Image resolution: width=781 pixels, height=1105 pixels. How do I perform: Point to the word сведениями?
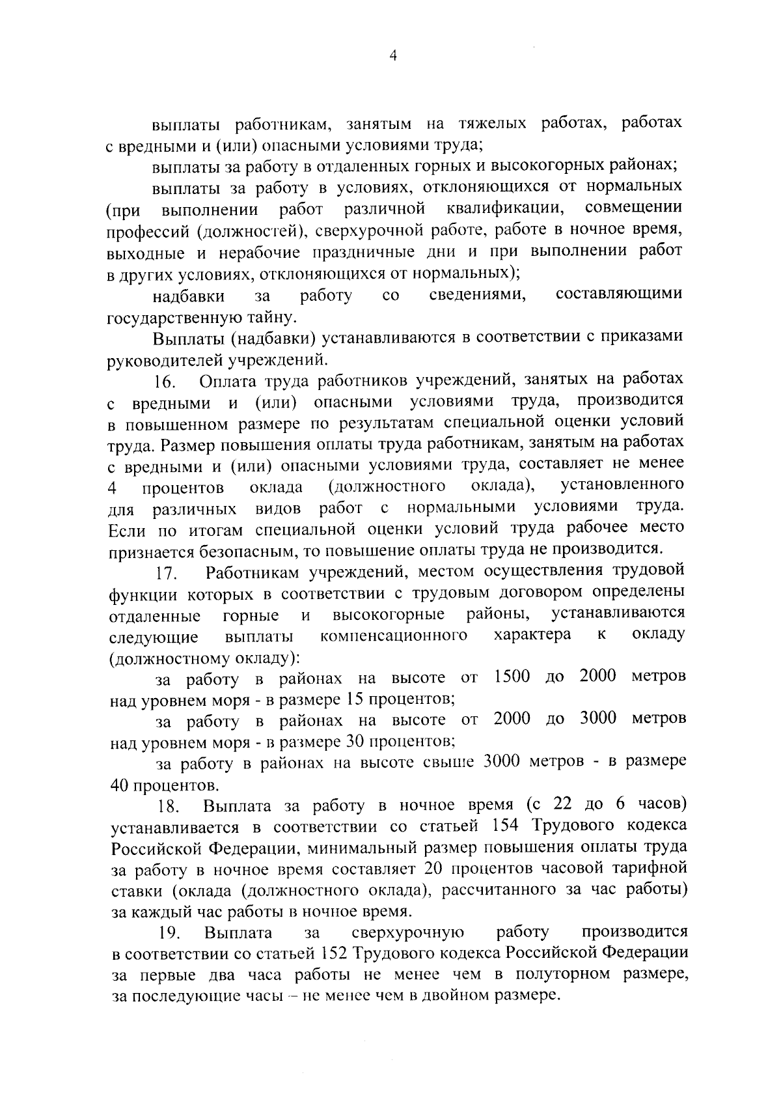pyautogui.click(x=478, y=294)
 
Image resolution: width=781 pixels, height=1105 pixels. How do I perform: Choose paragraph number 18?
pyautogui.click(x=169, y=807)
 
